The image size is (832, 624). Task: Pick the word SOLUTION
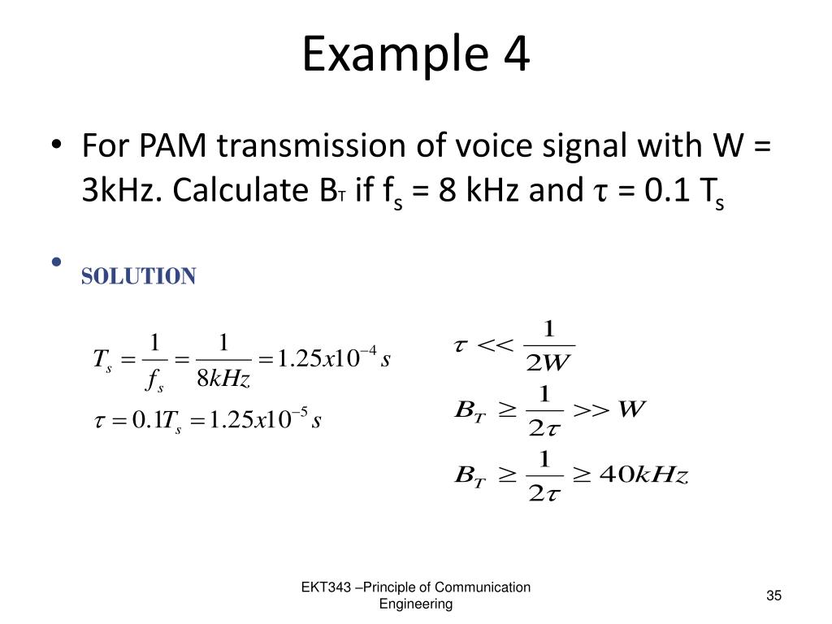coord(138,276)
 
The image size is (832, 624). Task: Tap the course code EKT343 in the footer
coord(327,587)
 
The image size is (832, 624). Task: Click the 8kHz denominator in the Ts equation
coord(223,378)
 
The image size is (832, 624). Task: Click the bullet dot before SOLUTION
coord(56,262)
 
